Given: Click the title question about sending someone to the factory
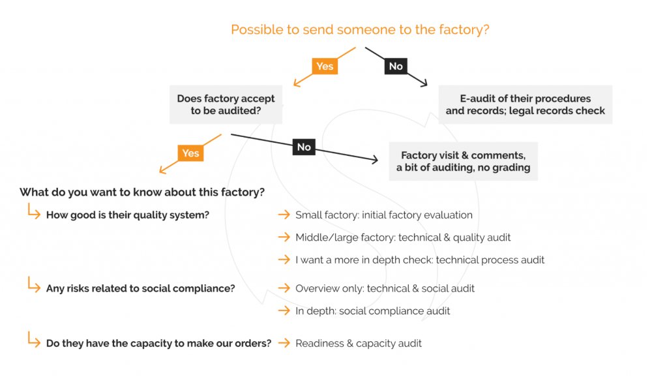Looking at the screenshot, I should point(360,29).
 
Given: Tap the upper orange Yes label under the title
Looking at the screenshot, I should point(324,66).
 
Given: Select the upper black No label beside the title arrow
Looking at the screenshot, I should point(396,66).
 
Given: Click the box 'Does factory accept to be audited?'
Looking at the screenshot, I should point(226,104).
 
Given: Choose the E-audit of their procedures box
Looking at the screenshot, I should point(525,104).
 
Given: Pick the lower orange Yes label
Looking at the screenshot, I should point(190,153).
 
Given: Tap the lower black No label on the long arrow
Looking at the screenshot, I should point(304,147).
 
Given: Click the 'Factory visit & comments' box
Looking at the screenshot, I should point(463,161).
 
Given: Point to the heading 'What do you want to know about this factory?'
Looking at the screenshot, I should point(142,192).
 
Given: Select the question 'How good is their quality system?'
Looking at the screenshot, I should point(127,215).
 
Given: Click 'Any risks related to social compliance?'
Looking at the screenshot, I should point(140,288).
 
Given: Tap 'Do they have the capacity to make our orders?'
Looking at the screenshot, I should point(158,343).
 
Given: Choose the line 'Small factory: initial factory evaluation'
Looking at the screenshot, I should point(383,215).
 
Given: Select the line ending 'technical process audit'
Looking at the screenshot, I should point(419,260).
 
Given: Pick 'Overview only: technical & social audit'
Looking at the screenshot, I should point(385,288).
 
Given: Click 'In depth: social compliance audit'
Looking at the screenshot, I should point(372,310).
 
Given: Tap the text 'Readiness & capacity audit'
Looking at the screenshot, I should point(358,343).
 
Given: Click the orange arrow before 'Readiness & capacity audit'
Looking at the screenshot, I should point(284,343).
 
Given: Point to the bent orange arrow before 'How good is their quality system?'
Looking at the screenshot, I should point(33,211).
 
